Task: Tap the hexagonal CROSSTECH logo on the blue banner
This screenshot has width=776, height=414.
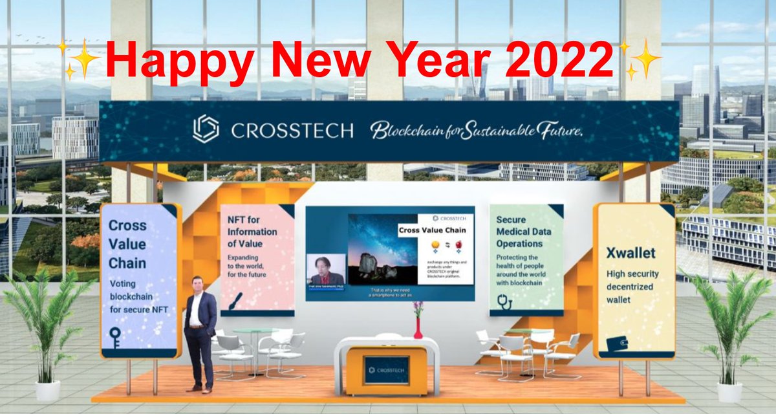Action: click(x=206, y=129)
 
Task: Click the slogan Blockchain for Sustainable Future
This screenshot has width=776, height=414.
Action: click(x=477, y=130)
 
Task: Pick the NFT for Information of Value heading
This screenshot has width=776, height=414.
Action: click(x=252, y=232)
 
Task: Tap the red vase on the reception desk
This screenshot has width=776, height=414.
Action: click(x=418, y=329)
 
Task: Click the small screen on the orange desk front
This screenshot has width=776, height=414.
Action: click(x=385, y=369)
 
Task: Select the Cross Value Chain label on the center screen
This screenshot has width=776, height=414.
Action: click(x=433, y=230)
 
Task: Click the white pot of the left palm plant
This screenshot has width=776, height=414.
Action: click(x=47, y=389)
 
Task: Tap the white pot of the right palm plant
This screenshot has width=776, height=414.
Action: click(x=729, y=391)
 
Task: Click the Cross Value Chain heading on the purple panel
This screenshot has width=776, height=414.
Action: click(x=127, y=245)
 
